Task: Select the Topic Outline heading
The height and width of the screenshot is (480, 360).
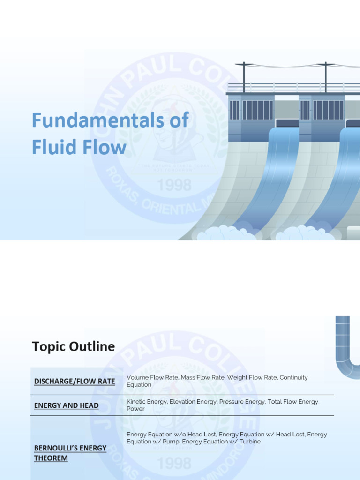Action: coord(73,346)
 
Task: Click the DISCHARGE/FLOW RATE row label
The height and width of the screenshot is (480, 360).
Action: coord(75,382)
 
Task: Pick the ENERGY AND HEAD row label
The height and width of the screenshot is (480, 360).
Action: coord(66,405)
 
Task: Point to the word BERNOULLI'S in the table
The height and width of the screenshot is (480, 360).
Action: coord(53,448)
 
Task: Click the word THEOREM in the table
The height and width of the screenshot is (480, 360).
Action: coord(51,458)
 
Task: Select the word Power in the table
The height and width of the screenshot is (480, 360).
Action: coord(136,409)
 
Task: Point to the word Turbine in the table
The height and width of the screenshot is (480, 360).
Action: coord(248,442)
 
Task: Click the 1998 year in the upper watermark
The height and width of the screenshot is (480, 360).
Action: coord(174,186)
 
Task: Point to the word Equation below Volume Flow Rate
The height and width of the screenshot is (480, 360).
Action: coord(139,385)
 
